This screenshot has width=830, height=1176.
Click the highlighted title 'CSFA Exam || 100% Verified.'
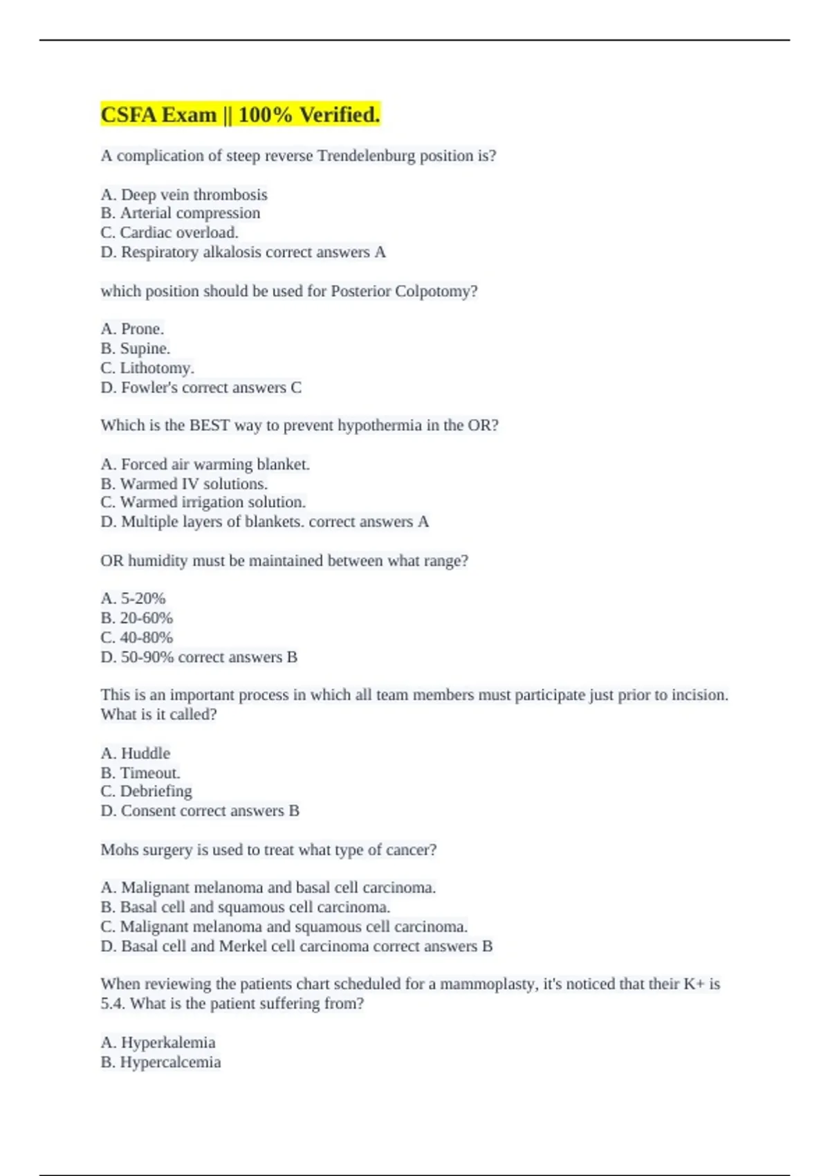(x=240, y=114)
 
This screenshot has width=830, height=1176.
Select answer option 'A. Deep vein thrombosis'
(x=184, y=194)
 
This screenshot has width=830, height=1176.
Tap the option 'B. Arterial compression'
(x=181, y=213)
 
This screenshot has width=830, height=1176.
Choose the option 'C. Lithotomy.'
(x=147, y=368)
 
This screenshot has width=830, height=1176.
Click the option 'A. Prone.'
(x=132, y=329)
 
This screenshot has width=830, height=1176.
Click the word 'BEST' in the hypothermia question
(x=209, y=425)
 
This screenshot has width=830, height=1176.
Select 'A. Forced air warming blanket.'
(x=205, y=464)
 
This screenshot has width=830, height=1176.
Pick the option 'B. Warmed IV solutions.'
(x=184, y=484)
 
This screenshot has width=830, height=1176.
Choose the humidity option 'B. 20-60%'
(x=137, y=618)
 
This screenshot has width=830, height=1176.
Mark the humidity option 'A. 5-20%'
(x=133, y=598)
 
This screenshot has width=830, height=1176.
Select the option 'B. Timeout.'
(x=140, y=773)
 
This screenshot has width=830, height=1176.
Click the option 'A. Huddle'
(x=136, y=753)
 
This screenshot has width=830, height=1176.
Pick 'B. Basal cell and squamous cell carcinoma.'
(x=246, y=907)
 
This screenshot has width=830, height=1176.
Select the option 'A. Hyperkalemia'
(x=158, y=1042)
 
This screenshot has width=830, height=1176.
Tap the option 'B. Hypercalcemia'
(x=160, y=1062)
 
